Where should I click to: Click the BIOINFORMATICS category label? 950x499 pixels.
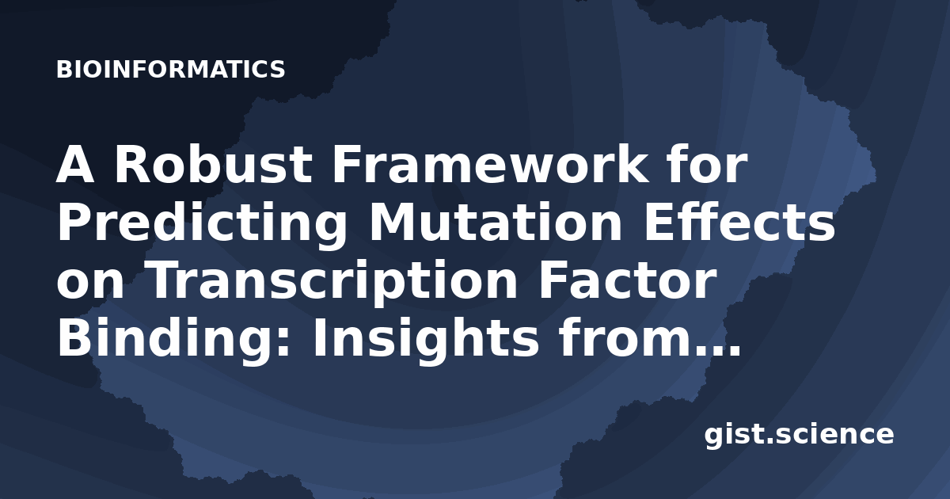coord(170,69)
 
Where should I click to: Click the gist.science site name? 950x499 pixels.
coord(799,435)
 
